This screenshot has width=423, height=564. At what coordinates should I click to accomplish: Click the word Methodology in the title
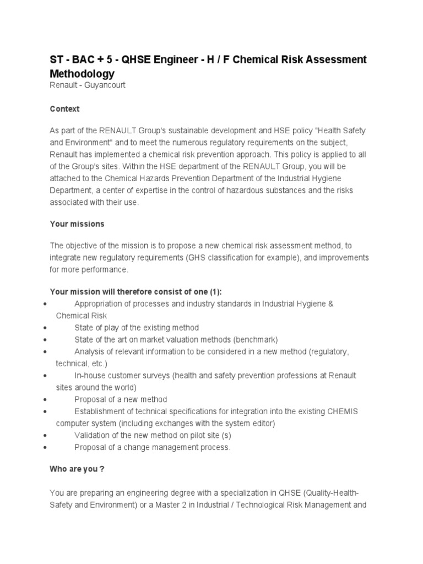pos(82,73)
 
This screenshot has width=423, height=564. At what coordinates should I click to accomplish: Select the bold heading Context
pos(64,109)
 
